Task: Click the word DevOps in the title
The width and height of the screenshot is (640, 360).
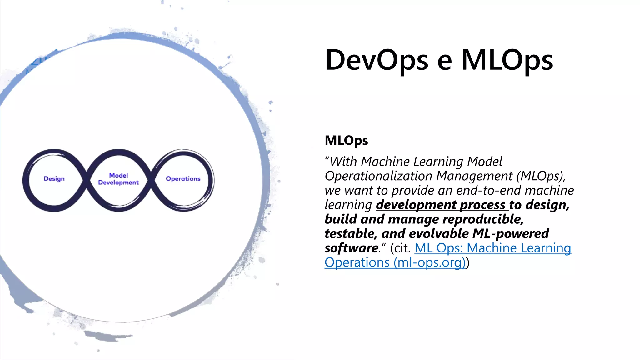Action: click(377, 60)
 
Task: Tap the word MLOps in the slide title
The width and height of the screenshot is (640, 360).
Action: click(507, 60)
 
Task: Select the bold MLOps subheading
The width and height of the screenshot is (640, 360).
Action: click(346, 140)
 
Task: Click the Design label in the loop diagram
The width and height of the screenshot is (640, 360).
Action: click(54, 179)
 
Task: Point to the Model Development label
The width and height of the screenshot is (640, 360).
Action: click(118, 179)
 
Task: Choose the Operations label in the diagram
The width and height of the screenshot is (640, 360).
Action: click(183, 179)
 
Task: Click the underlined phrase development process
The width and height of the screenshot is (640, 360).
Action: click(441, 205)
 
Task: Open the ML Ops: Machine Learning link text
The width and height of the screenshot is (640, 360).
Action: click(493, 248)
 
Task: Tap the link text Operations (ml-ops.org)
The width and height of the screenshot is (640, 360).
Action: click(395, 262)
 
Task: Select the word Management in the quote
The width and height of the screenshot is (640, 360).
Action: click(474, 176)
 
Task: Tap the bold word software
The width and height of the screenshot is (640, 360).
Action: click(351, 248)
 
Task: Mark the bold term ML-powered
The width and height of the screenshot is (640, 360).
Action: click(511, 234)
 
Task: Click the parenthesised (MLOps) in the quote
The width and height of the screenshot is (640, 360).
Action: click(541, 176)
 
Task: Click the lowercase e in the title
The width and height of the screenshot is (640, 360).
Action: click(444, 61)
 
